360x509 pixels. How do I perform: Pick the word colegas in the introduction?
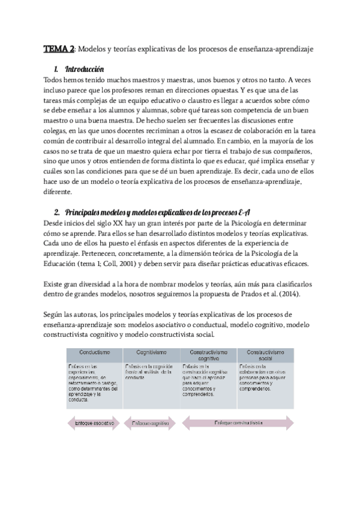[x=58, y=132]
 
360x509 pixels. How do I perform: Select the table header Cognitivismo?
[x=150, y=352]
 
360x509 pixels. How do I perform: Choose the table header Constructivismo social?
[x=265, y=355]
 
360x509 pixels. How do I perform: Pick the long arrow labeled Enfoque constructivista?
[x=238, y=423]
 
